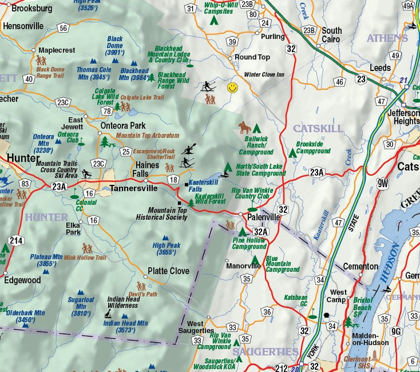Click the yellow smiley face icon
[x=232, y=88]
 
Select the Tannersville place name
[x=132, y=188]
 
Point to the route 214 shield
[x=16, y=240]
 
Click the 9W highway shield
[x=383, y=183]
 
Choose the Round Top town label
[x=252, y=57]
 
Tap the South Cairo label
[x=331, y=35]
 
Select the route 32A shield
[x=260, y=232]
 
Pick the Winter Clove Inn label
[x=264, y=74]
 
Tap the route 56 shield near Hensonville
[x=63, y=27]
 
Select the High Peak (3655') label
[x=167, y=248]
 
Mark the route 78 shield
[x=107, y=110]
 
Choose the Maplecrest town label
[x=57, y=50]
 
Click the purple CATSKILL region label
[x=317, y=128]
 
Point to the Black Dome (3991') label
[x=115, y=46]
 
